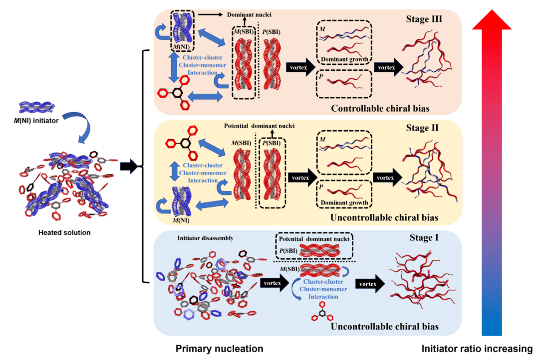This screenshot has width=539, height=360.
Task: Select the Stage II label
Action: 424,128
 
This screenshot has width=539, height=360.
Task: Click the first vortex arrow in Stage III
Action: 299,67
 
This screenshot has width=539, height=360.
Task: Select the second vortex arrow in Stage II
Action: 387,177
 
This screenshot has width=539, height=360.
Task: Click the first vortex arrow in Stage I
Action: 272,283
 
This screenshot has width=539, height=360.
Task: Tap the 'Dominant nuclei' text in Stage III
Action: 250,14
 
